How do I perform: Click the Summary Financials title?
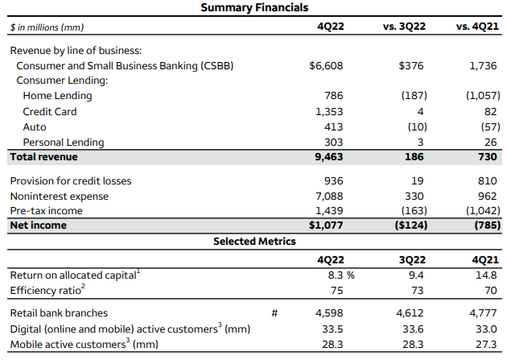[253, 8]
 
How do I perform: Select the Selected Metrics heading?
[253, 241]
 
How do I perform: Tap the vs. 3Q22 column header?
[404, 27]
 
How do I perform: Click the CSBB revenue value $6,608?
[326, 66]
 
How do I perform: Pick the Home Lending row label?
[57, 96]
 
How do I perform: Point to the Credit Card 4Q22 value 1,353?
[328, 111]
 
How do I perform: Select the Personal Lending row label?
[63, 142]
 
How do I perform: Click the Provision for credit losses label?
[71, 180]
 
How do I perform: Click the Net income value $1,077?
[326, 226]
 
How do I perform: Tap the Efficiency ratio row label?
[45, 290]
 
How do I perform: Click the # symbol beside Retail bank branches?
[274, 312]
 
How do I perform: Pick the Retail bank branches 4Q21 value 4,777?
[484, 312]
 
